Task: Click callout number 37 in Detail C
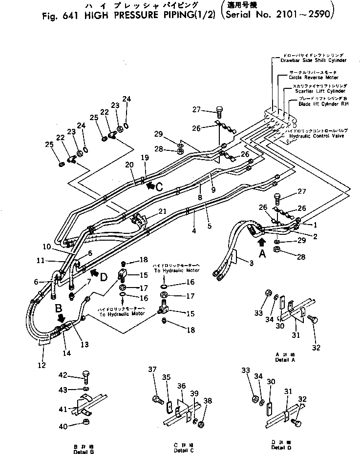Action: point(151,383)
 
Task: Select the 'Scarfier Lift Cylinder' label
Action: point(319,91)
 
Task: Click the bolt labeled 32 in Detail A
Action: point(312,319)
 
